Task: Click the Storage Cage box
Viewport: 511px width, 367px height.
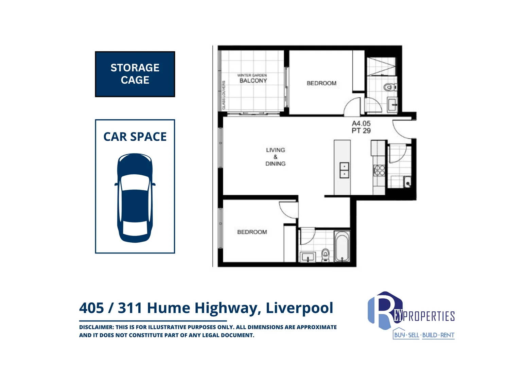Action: pyautogui.click(x=135, y=74)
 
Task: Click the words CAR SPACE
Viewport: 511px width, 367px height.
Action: pyautogui.click(x=135, y=137)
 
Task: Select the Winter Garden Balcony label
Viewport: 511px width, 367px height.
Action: pyautogui.click(x=253, y=78)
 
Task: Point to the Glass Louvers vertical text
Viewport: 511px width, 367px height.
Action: pyautogui.click(x=224, y=95)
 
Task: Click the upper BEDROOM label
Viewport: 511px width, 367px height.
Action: pyautogui.click(x=321, y=83)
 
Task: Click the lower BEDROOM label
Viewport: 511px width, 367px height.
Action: pyautogui.click(x=252, y=232)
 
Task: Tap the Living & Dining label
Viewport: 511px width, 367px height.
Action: pyautogui.click(x=275, y=157)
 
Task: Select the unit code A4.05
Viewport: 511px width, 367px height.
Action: pyautogui.click(x=361, y=124)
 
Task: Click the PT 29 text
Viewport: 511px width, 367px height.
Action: pyautogui.click(x=361, y=131)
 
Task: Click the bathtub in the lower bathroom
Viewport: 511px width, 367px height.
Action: pyautogui.click(x=341, y=246)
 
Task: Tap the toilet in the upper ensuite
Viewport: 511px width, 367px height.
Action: pyautogui.click(x=390, y=87)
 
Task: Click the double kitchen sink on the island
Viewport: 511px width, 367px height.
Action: pyautogui.click(x=345, y=170)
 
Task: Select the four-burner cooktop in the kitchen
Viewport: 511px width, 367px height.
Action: pyautogui.click(x=379, y=170)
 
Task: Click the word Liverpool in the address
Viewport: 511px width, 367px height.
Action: pyautogui.click(x=299, y=308)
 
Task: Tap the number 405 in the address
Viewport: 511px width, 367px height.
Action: pyautogui.click(x=91, y=308)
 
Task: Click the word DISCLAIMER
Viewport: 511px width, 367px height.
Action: pyautogui.click(x=96, y=327)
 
